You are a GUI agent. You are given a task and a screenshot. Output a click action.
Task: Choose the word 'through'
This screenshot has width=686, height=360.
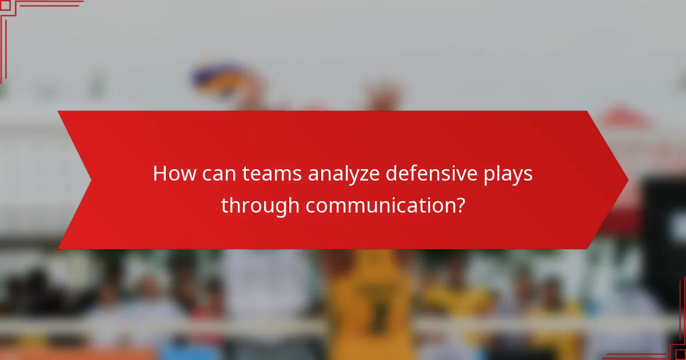260,206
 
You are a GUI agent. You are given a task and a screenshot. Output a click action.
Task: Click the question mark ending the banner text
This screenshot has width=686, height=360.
458,205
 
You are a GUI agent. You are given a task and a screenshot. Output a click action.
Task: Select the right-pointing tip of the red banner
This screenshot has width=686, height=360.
627,180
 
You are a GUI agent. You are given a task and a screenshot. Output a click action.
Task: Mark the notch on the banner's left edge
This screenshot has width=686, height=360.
90,180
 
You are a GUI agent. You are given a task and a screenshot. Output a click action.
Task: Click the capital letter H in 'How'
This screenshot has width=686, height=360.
159,174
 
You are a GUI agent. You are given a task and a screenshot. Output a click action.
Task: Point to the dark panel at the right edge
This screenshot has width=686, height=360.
667,240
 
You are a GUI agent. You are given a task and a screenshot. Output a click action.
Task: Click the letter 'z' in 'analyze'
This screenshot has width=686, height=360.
365,175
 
